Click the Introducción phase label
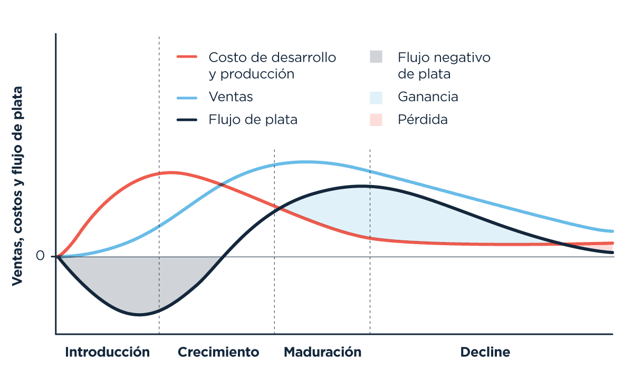point(108,352)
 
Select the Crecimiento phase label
point(218,352)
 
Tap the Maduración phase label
point(322,352)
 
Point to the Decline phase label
point(485,352)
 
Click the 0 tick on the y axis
point(40,257)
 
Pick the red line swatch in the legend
point(187,57)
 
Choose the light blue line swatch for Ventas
point(187,98)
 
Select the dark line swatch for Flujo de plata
point(187,120)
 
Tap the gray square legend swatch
point(376,57)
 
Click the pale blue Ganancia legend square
point(376,98)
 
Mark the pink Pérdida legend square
point(376,120)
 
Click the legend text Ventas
point(231,98)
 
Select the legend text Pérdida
point(423,120)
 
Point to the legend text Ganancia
point(428,98)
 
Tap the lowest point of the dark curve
point(140,315)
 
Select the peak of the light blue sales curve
point(304,162)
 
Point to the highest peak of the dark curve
point(360,186)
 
